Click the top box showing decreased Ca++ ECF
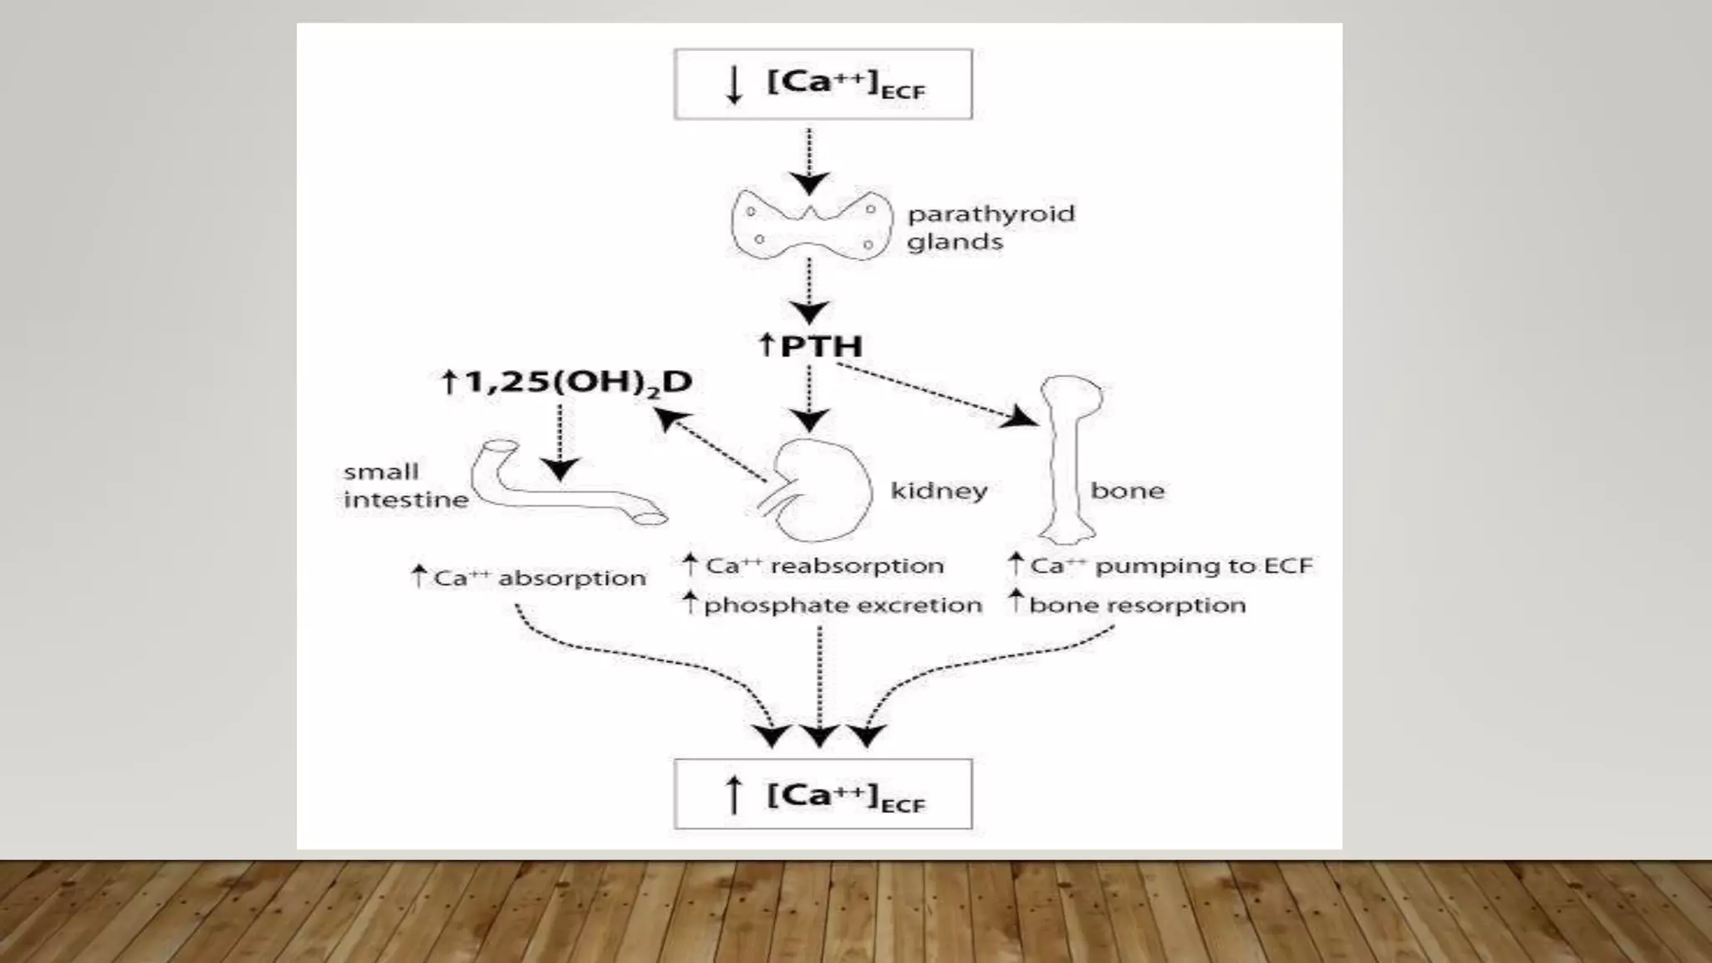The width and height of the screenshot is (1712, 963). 823,84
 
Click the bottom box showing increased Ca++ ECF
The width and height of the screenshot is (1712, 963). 823,794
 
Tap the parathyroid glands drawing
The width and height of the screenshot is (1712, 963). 809,224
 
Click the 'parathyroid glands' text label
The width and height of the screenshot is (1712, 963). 990,227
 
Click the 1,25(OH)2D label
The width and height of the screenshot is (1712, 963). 566,382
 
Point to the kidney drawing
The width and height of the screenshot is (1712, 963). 819,490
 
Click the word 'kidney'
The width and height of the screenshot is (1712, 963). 939,491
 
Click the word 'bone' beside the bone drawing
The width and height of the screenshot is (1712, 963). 1127,491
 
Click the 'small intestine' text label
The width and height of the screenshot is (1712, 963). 405,486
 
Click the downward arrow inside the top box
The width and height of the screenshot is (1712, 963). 734,84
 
